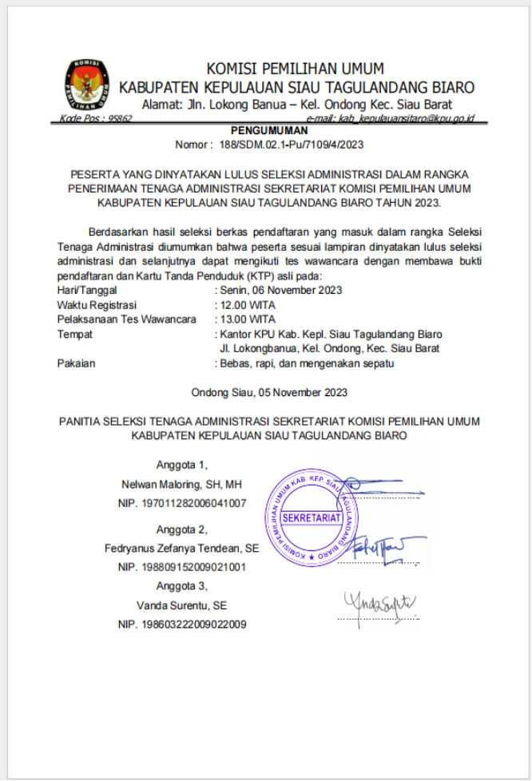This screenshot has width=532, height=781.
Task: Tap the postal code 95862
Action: click(x=119, y=118)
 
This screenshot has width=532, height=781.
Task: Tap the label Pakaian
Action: click(x=77, y=363)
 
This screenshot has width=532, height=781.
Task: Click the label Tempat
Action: click(x=75, y=334)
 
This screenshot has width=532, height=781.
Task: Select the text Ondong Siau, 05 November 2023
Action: click(x=269, y=392)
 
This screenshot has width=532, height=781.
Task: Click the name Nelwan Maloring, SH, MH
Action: click(x=181, y=485)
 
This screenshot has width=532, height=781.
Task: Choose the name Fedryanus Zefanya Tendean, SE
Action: click(x=181, y=549)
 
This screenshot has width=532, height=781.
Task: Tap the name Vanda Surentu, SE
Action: click(x=181, y=605)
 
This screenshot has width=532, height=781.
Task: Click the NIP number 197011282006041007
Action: click(x=181, y=503)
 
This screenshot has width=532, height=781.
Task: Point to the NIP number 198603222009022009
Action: click(x=181, y=624)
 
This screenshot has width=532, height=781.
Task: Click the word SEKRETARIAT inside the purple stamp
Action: click(x=312, y=517)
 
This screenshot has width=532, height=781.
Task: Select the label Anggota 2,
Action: click(x=181, y=529)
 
